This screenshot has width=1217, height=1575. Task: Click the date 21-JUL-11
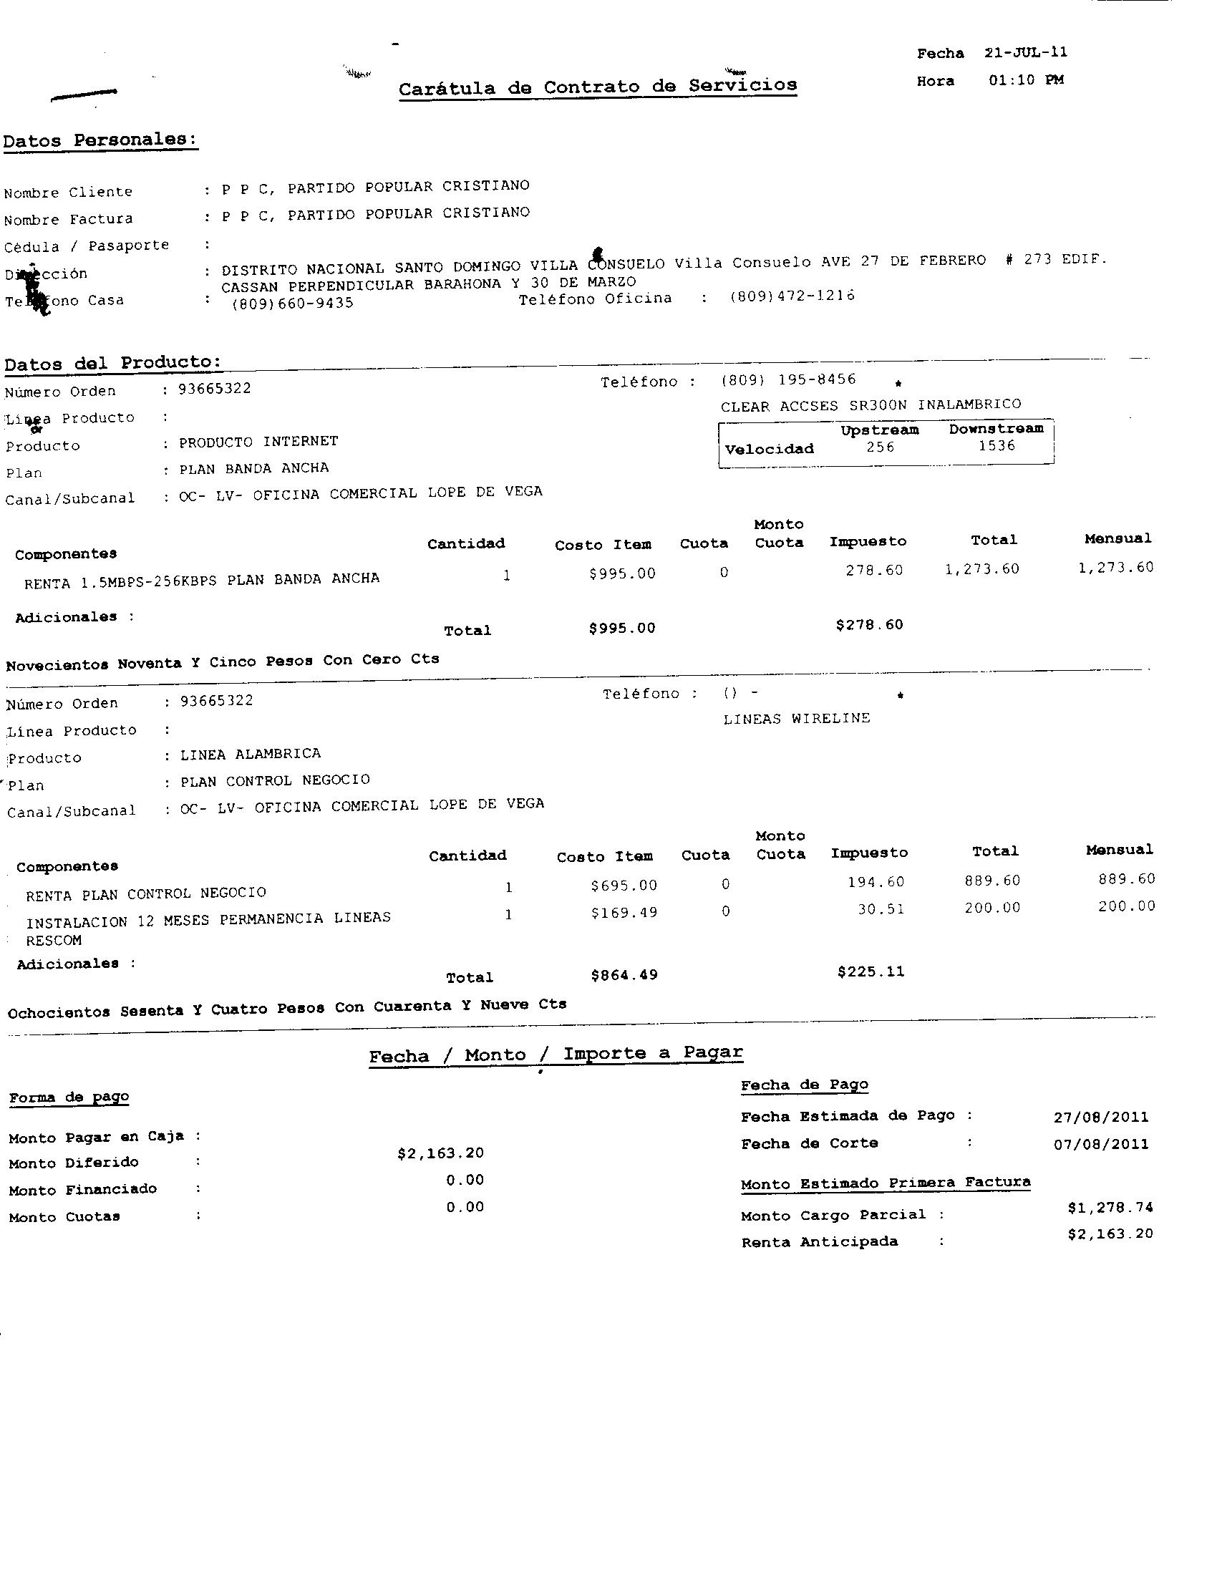pos(1025,53)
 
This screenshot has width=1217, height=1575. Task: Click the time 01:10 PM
pos(1026,80)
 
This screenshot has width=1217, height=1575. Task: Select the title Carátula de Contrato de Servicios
pos(598,87)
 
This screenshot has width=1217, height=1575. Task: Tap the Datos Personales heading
pos(100,140)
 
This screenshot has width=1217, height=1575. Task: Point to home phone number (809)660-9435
pos(293,304)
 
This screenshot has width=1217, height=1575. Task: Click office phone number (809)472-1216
pos(792,296)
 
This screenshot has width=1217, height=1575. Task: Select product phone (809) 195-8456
pos(788,380)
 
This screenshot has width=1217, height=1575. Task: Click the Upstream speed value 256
pos(881,447)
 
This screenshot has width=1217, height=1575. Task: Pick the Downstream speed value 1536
pos(997,446)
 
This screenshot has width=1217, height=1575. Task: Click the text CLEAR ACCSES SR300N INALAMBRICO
pos(871,405)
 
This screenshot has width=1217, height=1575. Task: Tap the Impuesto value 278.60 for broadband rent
pos(874,571)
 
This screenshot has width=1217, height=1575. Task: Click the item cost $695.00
pos(624,885)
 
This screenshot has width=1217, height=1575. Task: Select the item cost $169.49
pos(624,913)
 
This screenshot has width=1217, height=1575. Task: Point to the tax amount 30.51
pos(881,909)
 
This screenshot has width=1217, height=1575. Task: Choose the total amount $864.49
pos(624,976)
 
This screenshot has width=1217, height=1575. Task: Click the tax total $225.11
pos(871,972)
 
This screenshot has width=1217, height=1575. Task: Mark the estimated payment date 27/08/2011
pos(1101,1118)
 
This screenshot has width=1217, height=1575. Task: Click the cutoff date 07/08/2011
pos(1101,1145)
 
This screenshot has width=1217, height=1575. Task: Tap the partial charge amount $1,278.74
pos(1110,1207)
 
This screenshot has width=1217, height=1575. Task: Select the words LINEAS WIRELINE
pos(797,719)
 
